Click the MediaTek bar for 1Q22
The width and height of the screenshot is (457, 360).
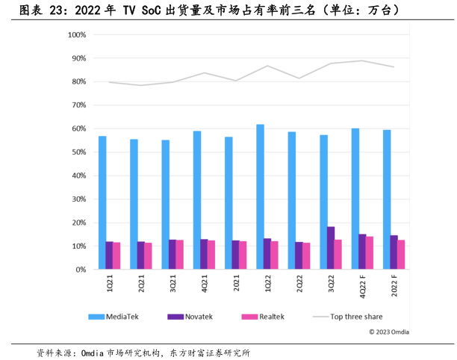pyautogui.click(x=260, y=197)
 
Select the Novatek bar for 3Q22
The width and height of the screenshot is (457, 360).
pyautogui.click(x=331, y=248)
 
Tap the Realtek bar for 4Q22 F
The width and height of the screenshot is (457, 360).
pyautogui.click(x=370, y=253)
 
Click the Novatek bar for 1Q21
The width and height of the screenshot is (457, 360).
pyautogui.click(x=110, y=255)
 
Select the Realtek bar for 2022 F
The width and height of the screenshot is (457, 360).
pyautogui.click(x=401, y=255)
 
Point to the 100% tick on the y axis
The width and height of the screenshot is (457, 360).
pyautogui.click(x=78, y=35)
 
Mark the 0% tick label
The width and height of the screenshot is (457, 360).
pyautogui.click(x=81, y=270)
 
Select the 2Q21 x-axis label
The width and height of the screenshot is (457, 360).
pyautogui.click(x=142, y=285)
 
